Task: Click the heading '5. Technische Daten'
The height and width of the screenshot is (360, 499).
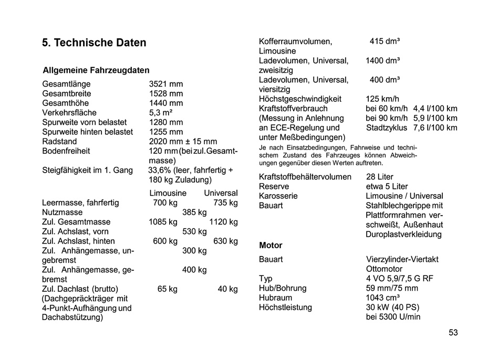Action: click(x=94, y=43)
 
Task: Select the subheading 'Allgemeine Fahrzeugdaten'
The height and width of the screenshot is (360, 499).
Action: click(x=96, y=70)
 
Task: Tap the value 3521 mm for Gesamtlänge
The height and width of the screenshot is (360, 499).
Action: click(x=166, y=84)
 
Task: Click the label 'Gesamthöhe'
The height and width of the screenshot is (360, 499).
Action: click(x=66, y=103)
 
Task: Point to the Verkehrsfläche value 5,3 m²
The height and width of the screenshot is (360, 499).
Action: click(x=161, y=113)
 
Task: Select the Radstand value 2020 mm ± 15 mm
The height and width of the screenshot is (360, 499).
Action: click(x=183, y=142)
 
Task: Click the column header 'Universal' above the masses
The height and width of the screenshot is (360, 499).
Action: click(x=221, y=193)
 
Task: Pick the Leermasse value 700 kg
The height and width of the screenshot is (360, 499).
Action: click(x=165, y=203)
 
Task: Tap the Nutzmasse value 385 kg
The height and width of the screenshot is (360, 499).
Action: click(x=194, y=213)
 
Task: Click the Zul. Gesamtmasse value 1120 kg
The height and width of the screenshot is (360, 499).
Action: click(x=223, y=222)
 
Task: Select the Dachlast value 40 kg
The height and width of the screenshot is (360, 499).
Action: click(x=227, y=289)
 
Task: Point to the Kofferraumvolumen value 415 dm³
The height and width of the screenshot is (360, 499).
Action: click(x=384, y=41)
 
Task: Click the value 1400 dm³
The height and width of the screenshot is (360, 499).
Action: click(x=382, y=61)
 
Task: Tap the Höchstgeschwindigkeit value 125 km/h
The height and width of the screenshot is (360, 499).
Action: click(x=382, y=99)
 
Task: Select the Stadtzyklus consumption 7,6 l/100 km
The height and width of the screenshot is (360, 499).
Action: click(x=435, y=128)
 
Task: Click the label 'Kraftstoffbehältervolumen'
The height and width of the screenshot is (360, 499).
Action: click(x=305, y=177)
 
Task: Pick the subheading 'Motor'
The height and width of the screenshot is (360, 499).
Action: click(x=271, y=245)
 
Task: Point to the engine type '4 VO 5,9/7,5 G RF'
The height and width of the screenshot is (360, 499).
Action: click(x=400, y=279)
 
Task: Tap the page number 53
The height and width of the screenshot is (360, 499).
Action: click(x=453, y=332)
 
